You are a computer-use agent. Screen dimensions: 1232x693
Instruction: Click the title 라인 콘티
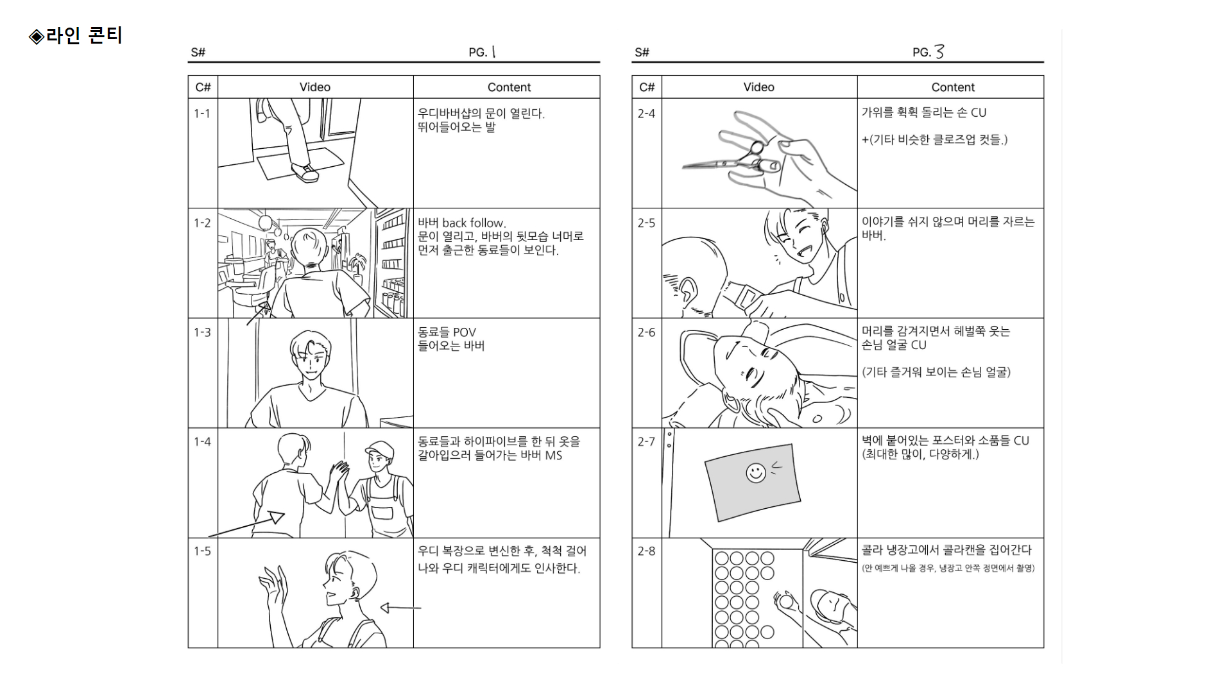coord(83,35)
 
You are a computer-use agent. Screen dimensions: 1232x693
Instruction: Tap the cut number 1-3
coord(202,332)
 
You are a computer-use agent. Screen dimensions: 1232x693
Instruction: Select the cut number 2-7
coord(646,441)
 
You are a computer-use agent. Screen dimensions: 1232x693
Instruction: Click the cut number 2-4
coord(646,114)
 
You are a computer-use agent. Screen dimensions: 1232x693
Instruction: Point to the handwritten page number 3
coord(939,52)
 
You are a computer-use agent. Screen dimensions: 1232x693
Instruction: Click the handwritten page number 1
coord(493,52)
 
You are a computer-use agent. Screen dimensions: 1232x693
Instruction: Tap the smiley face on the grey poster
coord(756,474)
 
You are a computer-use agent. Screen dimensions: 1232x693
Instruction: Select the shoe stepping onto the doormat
coord(305,172)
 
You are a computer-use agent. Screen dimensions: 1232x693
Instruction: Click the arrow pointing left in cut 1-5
coord(400,608)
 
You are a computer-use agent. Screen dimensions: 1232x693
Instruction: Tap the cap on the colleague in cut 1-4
coord(379,449)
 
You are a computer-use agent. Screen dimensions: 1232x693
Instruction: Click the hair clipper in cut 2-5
coord(746,296)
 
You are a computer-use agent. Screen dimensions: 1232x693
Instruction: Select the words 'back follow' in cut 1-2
coord(474,223)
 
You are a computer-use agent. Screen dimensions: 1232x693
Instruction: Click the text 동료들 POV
coord(447,332)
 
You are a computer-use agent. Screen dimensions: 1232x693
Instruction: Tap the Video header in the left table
coord(315,87)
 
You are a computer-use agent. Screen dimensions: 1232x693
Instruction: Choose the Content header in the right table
coord(953,87)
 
